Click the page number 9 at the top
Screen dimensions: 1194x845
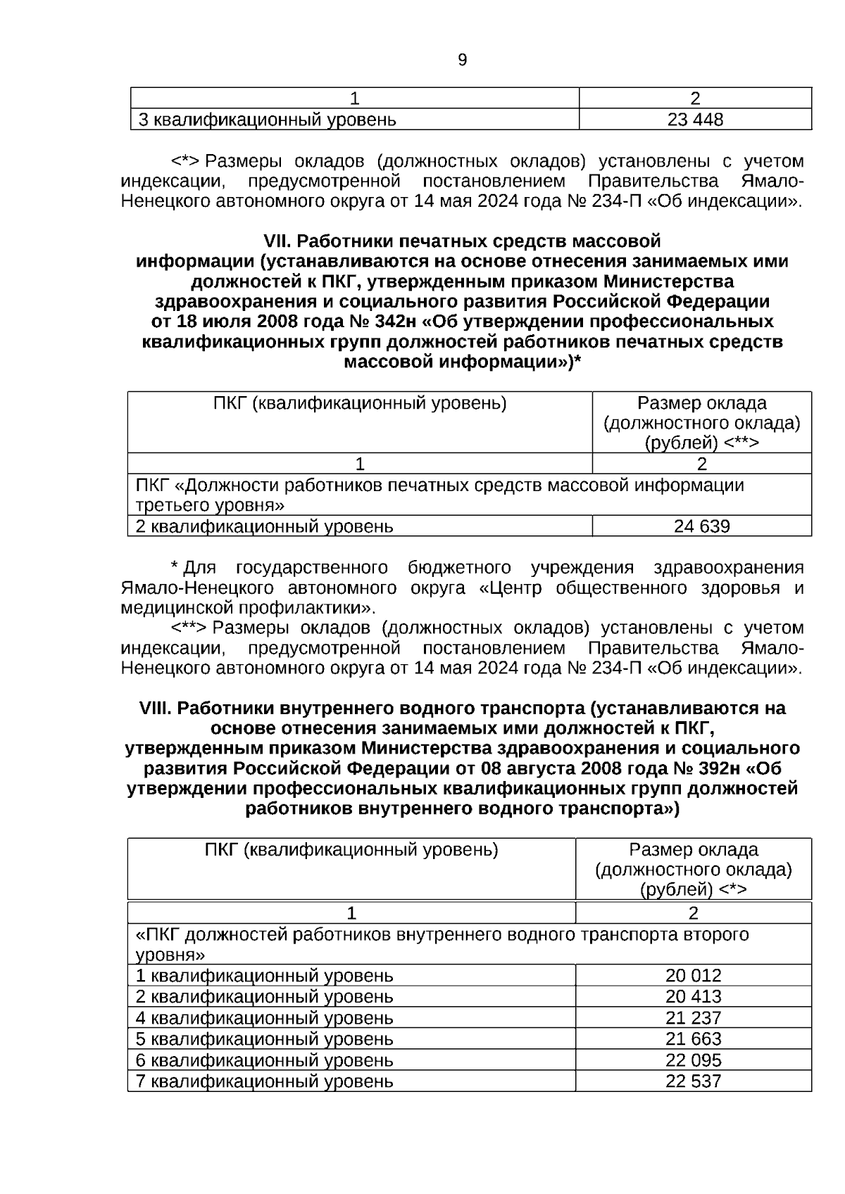462,61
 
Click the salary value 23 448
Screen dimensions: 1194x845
695,120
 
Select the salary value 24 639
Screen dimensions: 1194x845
701,526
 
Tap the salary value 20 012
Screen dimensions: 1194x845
693,976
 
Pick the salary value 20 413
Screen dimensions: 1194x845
693,997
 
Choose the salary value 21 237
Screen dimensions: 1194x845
693,1018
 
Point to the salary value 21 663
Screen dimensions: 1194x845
693,1039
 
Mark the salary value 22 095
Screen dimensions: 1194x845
693,1060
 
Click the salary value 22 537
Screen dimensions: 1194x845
693,1081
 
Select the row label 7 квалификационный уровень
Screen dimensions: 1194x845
264,1081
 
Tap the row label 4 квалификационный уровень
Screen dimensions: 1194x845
264,1018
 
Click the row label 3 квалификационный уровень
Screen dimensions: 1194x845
267,120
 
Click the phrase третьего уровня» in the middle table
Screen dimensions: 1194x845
210,506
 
